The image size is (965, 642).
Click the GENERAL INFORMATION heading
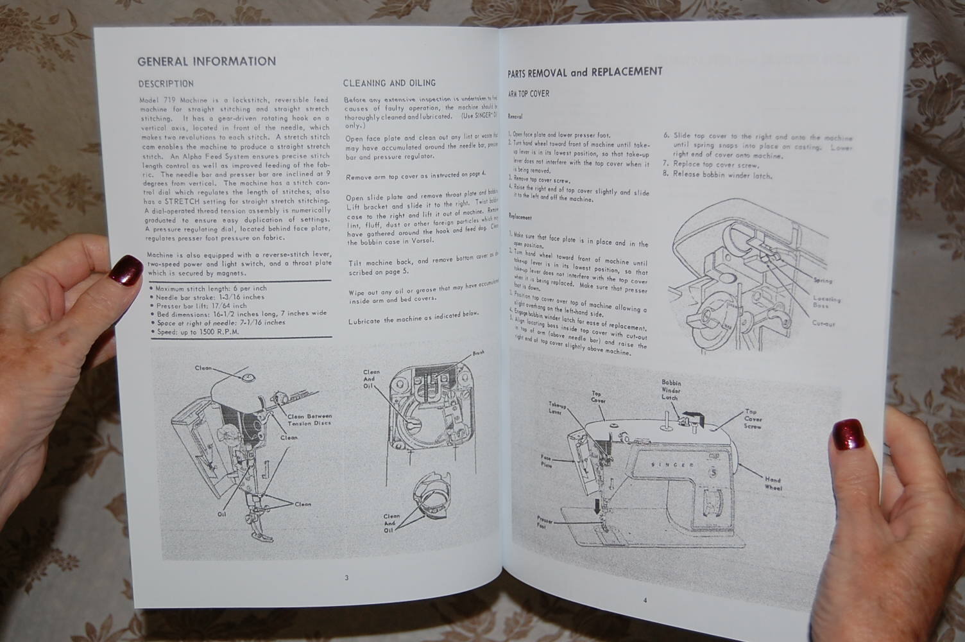tap(206, 62)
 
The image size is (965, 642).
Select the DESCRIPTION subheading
tap(166, 83)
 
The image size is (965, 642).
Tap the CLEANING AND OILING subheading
tap(389, 83)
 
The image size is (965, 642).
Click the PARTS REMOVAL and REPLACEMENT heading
tap(585, 73)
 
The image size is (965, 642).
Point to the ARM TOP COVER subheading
tap(528, 94)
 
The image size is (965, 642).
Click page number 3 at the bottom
tap(346, 577)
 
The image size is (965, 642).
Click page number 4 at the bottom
tap(645, 600)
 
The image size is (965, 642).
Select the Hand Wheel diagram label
tap(773, 483)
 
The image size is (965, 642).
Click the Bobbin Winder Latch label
tap(670, 390)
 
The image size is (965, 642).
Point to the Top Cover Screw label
tap(752, 419)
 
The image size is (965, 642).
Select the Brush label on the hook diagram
tap(477, 353)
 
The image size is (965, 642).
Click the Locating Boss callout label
tap(827, 302)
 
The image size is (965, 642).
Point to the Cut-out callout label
tap(823, 324)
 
